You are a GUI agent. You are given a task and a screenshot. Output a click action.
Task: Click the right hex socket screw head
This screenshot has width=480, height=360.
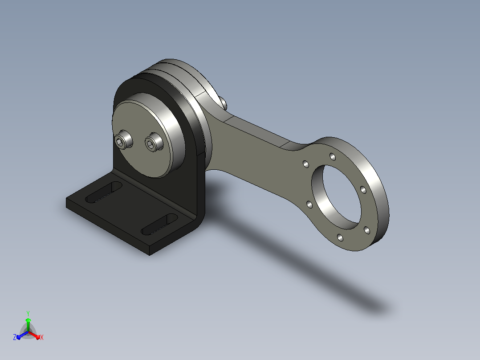click(153, 142)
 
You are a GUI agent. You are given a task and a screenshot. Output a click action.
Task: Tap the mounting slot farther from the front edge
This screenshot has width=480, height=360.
click(104, 192)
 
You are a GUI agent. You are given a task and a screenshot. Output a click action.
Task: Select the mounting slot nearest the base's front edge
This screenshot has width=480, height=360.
click(159, 225)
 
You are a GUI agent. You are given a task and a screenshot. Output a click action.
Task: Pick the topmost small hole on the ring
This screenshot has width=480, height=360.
click(333, 157)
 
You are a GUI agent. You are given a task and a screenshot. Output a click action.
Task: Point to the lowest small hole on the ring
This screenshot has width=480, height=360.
click(340, 237)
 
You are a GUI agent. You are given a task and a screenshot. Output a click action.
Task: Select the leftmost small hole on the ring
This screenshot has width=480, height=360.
click(306, 164)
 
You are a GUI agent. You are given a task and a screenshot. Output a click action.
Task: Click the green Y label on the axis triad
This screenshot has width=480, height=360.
click(28, 313)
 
